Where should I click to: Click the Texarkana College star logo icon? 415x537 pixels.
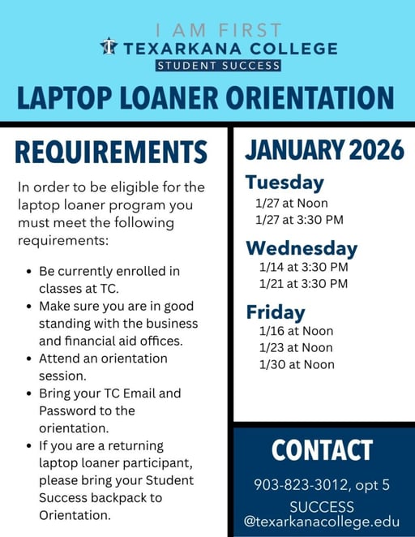click(109, 46)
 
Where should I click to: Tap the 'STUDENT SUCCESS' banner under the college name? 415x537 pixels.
click(207, 66)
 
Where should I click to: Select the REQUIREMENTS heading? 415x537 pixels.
click(111, 153)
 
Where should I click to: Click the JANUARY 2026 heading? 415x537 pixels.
click(324, 149)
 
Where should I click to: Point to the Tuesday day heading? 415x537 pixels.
click(285, 183)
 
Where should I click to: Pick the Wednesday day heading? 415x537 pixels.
click(302, 247)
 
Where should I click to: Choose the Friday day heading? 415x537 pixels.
click(276, 312)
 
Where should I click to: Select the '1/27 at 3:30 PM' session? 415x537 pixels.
click(299, 219)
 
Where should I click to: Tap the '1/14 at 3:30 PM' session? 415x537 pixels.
click(303, 267)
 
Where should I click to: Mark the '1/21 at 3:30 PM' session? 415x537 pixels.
click(303, 284)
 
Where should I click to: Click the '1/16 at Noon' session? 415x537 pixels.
click(296, 331)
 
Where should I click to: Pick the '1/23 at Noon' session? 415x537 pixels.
click(296, 348)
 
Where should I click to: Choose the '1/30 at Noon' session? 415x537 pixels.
click(296, 365)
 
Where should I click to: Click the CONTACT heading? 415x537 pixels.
click(322, 450)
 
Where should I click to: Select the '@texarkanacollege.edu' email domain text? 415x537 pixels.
click(322, 521)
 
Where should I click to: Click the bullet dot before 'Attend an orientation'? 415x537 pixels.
click(29, 359)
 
